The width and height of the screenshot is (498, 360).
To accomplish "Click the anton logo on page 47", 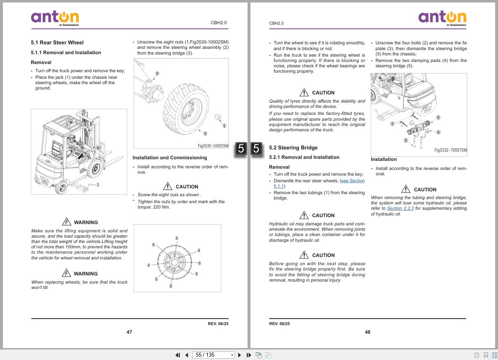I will pyautogui.click(x=55, y=18).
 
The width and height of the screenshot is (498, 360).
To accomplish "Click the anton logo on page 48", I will pyautogui.click(x=442, y=18).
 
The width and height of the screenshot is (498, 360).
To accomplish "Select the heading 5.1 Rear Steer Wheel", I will pyautogui.click(x=57, y=42).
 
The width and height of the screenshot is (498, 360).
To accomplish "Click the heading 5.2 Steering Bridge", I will pyautogui.click(x=293, y=148).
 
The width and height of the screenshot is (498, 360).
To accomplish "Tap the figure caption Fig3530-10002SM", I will pyautogui.click(x=213, y=146).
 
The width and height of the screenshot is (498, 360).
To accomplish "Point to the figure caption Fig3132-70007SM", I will pyautogui.click(x=450, y=150).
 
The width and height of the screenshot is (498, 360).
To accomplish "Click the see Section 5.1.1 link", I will pyautogui.click(x=352, y=181).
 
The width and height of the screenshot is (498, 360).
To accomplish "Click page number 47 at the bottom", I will pyautogui.click(x=129, y=332).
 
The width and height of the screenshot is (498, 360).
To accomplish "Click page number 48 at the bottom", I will pyautogui.click(x=367, y=332).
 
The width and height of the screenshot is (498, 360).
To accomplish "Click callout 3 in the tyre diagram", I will pyautogui.click(x=157, y=74).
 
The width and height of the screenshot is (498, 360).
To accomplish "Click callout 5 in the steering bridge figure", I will pyautogui.click(x=438, y=117).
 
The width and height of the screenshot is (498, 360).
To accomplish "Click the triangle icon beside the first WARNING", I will pyautogui.click(x=67, y=222).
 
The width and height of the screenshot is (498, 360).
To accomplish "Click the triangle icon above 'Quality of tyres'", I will pyautogui.click(x=304, y=92).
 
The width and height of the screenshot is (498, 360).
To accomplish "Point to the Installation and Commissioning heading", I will pyautogui.click(x=170, y=158).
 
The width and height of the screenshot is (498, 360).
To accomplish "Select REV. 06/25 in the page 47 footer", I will pyautogui.click(x=218, y=324).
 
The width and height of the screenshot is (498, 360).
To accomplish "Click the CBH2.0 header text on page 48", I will pyautogui.click(x=276, y=23).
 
